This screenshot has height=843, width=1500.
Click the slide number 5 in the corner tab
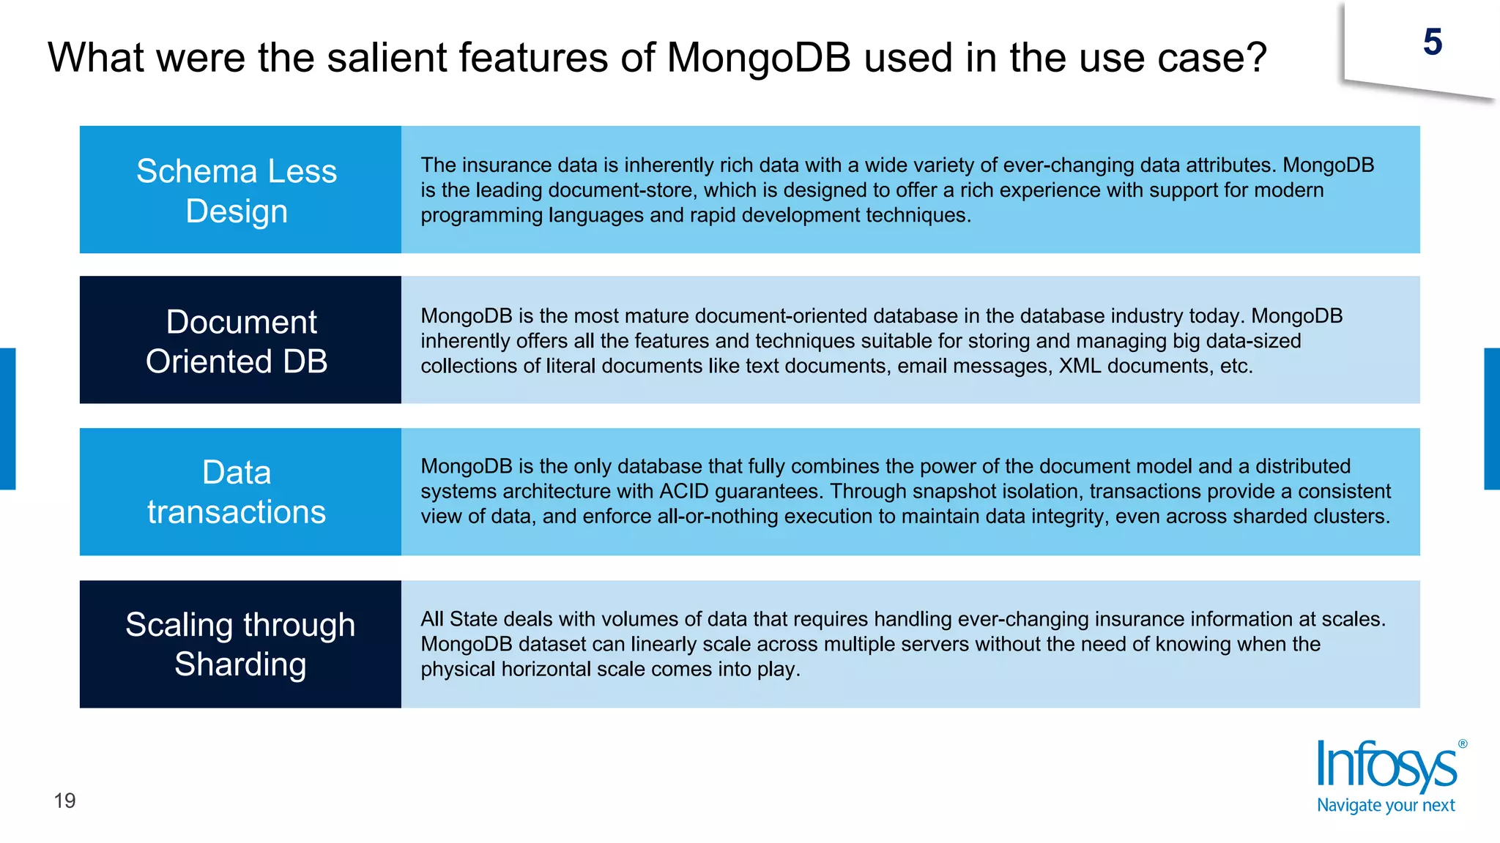tap(1433, 42)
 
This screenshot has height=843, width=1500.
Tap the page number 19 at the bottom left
tap(64, 801)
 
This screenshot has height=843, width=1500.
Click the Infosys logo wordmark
tap(1386, 766)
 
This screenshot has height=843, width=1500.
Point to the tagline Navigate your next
tap(1386, 806)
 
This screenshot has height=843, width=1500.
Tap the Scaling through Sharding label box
tap(240, 644)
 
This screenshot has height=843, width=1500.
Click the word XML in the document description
tap(1080, 366)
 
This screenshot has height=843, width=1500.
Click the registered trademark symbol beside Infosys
tap(1463, 744)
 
